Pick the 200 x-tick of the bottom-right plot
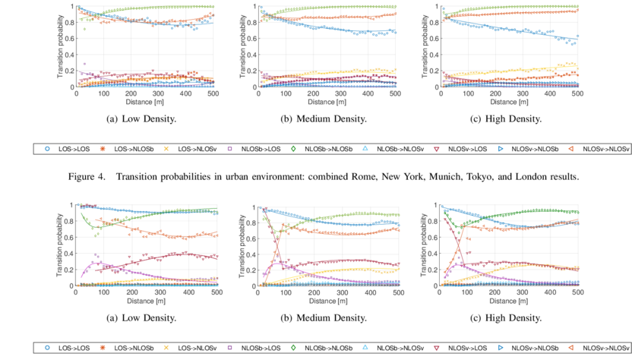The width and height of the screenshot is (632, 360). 495,293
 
